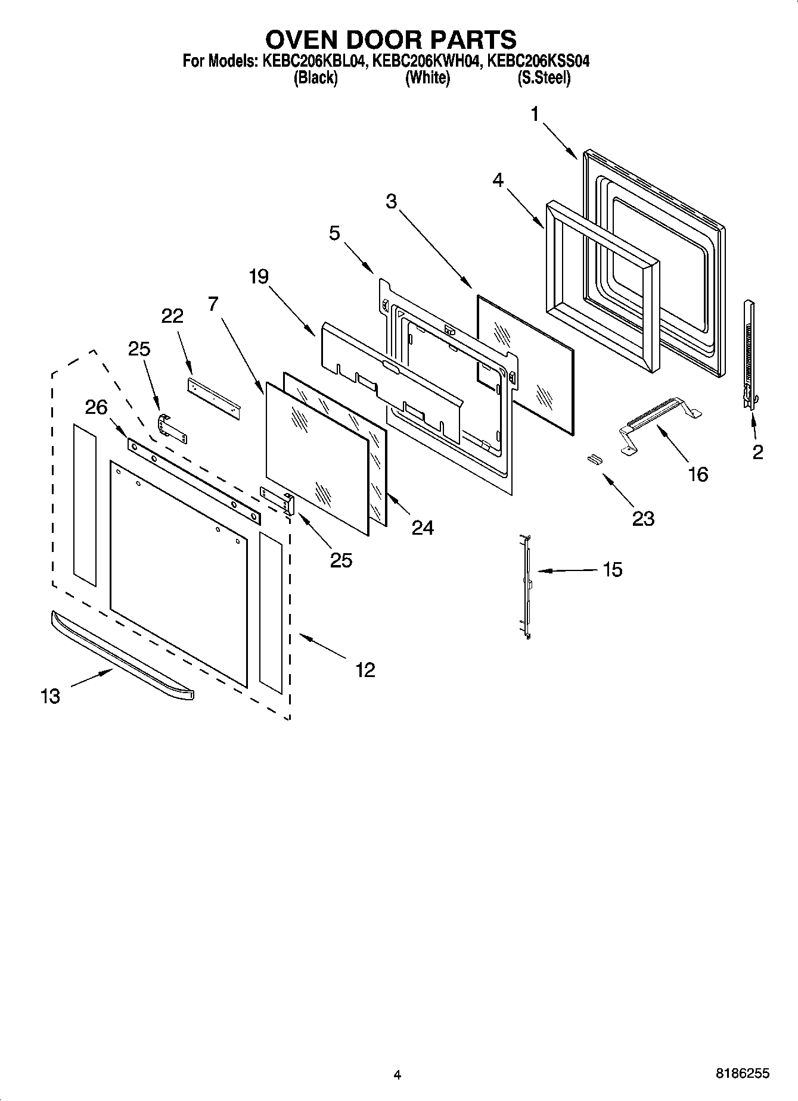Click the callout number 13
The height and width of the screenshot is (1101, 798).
coord(51,695)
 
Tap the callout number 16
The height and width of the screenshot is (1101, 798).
coord(698,475)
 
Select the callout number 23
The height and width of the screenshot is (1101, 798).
coord(644,519)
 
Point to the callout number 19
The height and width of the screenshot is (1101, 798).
coord(259,276)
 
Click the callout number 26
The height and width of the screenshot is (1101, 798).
coord(96,407)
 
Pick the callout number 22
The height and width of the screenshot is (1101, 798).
coord(172,316)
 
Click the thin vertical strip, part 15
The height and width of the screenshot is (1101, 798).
coord(526,587)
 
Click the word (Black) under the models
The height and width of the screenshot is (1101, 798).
coord(315,77)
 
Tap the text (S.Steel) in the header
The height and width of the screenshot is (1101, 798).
coord(544,77)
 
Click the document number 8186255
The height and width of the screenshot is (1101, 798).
coord(742,1074)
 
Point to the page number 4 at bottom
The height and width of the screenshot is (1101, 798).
coord(398,1075)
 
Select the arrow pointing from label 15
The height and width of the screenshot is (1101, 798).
coord(566,570)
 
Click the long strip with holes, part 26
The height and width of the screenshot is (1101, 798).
coord(194,481)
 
